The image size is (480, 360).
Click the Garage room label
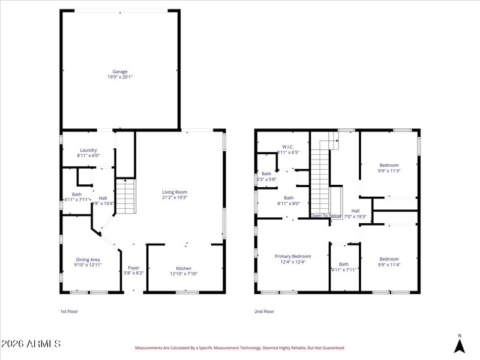tap(120, 71)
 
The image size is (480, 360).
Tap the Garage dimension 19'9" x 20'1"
tap(120, 77)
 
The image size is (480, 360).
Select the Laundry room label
tap(88, 150)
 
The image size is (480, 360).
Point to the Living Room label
tap(175, 192)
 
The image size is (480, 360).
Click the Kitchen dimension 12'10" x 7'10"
tap(184, 274)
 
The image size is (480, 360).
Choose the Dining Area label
tap(88, 259)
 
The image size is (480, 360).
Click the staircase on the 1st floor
tap(125, 197)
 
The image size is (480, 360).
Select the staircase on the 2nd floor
tap(320, 177)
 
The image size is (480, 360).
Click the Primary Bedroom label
tap(293, 256)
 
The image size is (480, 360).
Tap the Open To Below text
tap(326, 215)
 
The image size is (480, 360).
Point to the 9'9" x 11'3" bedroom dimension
tap(389, 170)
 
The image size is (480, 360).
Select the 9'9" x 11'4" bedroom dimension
tap(389, 265)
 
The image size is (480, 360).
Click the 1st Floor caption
tap(69, 311)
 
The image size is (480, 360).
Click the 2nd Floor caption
tap(265, 311)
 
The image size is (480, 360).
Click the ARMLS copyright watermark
tap(31, 344)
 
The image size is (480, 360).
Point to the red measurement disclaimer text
tap(239, 347)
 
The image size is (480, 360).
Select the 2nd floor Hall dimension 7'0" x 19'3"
tap(355, 216)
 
